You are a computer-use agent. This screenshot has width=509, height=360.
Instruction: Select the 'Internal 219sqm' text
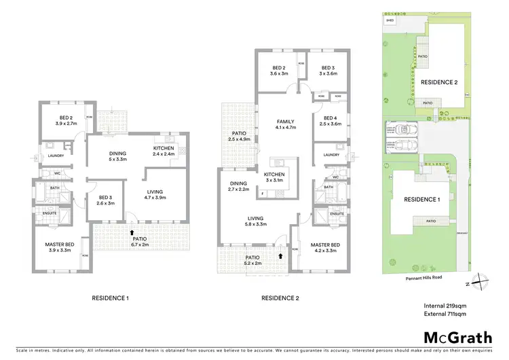(x=440, y=306)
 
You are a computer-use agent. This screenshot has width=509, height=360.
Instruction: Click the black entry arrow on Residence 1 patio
(x=132, y=232)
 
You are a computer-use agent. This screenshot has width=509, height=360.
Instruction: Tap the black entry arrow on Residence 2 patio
(x=280, y=257)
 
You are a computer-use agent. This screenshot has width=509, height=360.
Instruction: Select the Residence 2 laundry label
(x=331, y=155)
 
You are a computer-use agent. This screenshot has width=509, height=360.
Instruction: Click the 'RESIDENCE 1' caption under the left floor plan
(x=110, y=298)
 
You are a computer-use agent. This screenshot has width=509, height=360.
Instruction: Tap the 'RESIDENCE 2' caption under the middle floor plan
(x=280, y=298)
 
